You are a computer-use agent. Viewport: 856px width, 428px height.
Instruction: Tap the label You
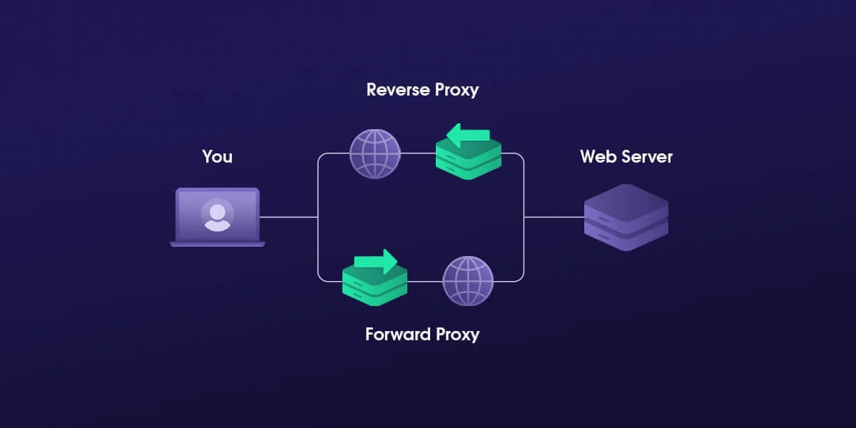click(217, 156)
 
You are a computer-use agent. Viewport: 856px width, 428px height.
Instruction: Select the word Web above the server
click(597, 156)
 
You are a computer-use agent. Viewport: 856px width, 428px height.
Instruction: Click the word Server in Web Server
click(646, 156)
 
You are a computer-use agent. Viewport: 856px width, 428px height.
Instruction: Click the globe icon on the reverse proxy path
click(375, 153)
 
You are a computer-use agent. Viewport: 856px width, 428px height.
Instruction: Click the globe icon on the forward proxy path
click(468, 280)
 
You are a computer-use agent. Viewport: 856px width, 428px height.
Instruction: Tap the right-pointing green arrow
click(376, 261)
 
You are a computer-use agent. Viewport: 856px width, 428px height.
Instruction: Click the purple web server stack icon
click(626, 218)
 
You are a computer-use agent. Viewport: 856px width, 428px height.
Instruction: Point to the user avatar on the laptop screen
click(217, 215)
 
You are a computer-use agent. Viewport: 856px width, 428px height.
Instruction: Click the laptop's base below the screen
click(217, 244)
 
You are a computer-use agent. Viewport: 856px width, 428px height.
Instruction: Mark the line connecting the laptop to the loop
click(288, 217)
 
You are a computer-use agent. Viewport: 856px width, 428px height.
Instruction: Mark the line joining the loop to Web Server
click(554, 217)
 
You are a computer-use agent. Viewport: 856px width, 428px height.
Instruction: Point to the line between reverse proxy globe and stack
click(419, 153)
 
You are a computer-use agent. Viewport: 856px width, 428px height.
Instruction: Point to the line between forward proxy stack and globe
click(425, 280)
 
